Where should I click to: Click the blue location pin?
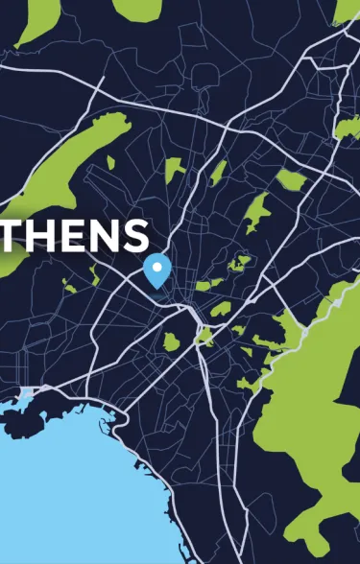pyautogui.click(x=156, y=268)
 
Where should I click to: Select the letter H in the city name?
pyautogui.click(x=39, y=235)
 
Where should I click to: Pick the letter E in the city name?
pyautogui.click(x=72, y=235)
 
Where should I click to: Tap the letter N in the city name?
pyautogui.click(x=103, y=235)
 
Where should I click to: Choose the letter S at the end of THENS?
pyautogui.click(x=135, y=235)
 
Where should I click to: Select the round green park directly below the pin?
pyautogui.click(x=171, y=341)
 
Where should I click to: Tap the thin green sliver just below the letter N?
pyautogui.click(x=94, y=274)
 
